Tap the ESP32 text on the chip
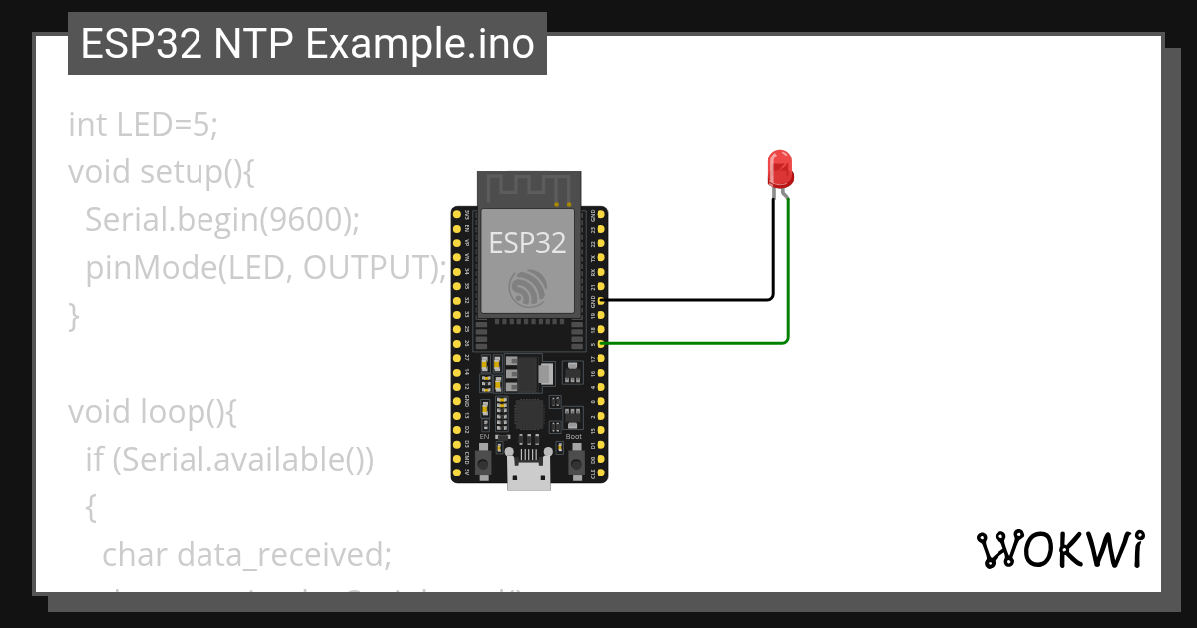[x=527, y=242]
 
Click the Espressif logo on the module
[x=527, y=286]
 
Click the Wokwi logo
[x=1059, y=549]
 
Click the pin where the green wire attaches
[x=601, y=343]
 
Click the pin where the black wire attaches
[x=601, y=299]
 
